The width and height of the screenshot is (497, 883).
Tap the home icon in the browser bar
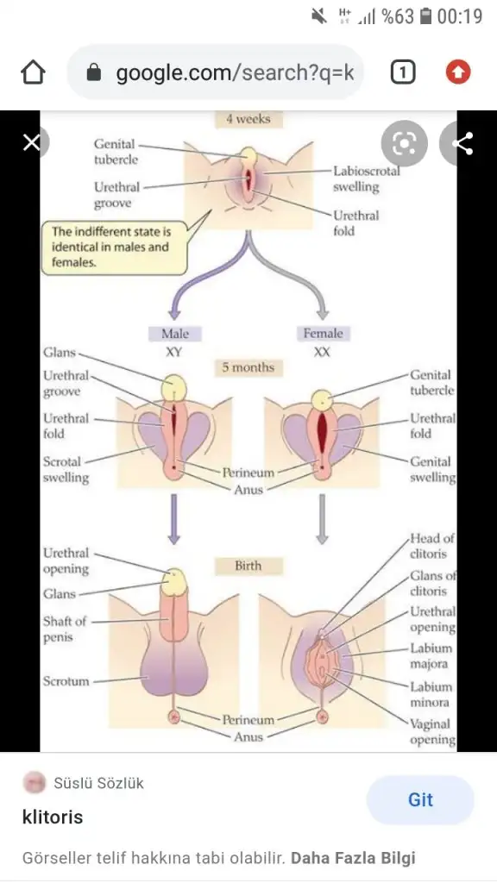coord(33,72)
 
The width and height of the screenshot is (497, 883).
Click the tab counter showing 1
coord(402,72)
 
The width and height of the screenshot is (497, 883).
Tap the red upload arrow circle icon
coord(457,72)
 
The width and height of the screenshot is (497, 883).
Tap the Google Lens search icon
coord(404,144)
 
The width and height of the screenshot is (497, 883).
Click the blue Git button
coord(420,799)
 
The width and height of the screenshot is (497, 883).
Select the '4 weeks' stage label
coord(248,119)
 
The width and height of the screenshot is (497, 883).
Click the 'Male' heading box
coord(175,334)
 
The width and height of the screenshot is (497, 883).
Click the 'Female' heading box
coord(323,334)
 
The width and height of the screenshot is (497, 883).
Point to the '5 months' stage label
coord(248,367)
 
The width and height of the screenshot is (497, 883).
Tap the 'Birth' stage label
coord(248,566)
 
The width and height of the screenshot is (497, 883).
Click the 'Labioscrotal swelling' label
coord(366,178)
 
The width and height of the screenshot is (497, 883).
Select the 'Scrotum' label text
coord(66,681)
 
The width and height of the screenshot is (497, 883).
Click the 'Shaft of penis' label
coord(65,629)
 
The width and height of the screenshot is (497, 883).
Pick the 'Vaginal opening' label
coord(432,731)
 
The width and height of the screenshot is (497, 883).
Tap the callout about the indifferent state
coord(114,247)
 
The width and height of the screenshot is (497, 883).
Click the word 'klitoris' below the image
coord(53,817)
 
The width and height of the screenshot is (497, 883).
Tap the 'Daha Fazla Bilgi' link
coord(353,858)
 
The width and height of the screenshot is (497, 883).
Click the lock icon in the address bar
coord(94,72)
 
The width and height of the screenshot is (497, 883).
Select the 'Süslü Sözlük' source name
coord(98,783)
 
